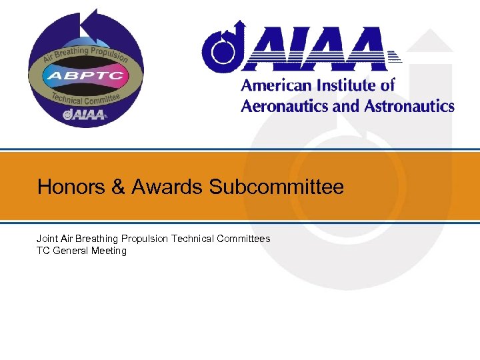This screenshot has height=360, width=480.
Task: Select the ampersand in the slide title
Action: (119, 187)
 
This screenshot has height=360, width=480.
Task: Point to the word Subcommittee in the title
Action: (277, 187)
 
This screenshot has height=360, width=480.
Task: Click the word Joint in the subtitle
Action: (47, 238)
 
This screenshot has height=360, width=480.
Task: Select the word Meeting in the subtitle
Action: (109, 251)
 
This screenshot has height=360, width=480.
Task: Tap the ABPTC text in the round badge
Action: (85, 75)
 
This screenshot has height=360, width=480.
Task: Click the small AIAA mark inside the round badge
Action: (85, 115)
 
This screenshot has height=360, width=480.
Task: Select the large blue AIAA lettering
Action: (313, 50)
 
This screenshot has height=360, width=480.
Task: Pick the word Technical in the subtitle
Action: (194, 238)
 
